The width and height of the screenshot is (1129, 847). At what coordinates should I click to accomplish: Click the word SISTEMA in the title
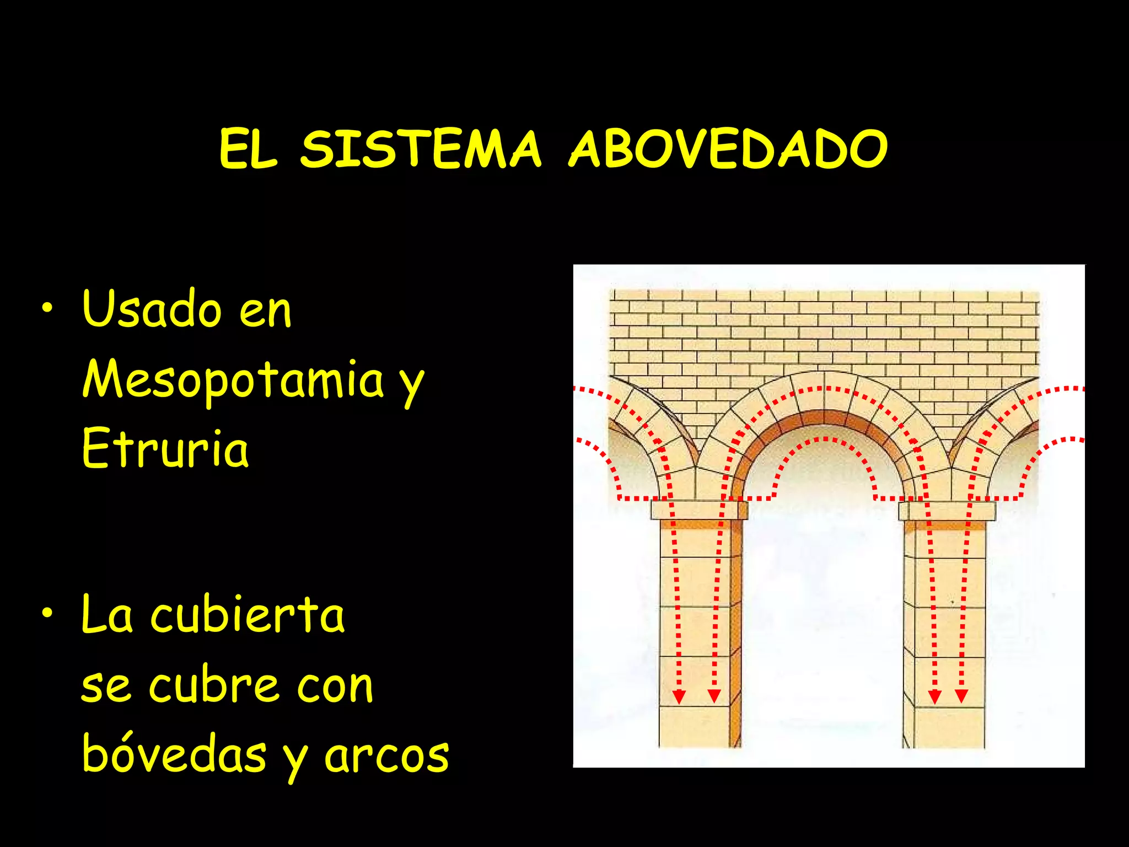click(421, 149)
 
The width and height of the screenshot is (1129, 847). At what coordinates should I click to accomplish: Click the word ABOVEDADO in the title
click(728, 149)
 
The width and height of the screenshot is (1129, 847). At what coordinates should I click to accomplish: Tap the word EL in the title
click(248, 149)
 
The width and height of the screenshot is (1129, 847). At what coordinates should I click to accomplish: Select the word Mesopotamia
click(233, 379)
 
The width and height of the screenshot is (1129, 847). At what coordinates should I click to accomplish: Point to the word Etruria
click(165, 448)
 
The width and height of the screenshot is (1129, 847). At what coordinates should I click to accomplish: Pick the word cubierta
click(248, 615)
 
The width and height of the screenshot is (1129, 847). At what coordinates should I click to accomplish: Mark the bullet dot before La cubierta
click(48, 614)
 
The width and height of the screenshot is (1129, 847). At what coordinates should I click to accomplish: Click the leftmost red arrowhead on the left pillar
click(679, 697)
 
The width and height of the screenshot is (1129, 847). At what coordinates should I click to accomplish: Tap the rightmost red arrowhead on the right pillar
click(962, 697)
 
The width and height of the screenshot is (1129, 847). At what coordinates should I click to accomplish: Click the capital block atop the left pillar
click(699, 510)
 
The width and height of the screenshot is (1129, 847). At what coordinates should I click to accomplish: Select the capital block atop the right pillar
click(947, 511)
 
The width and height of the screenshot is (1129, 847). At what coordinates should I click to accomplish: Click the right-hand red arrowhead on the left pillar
click(714, 697)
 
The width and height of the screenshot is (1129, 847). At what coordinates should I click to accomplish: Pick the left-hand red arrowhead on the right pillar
click(934, 697)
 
